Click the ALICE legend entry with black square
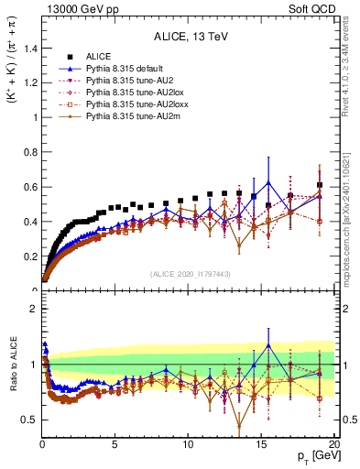click(x=99, y=57)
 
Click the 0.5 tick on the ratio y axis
click(x=28, y=420)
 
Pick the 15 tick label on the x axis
click(x=261, y=444)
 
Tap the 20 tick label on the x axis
click(x=333, y=444)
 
